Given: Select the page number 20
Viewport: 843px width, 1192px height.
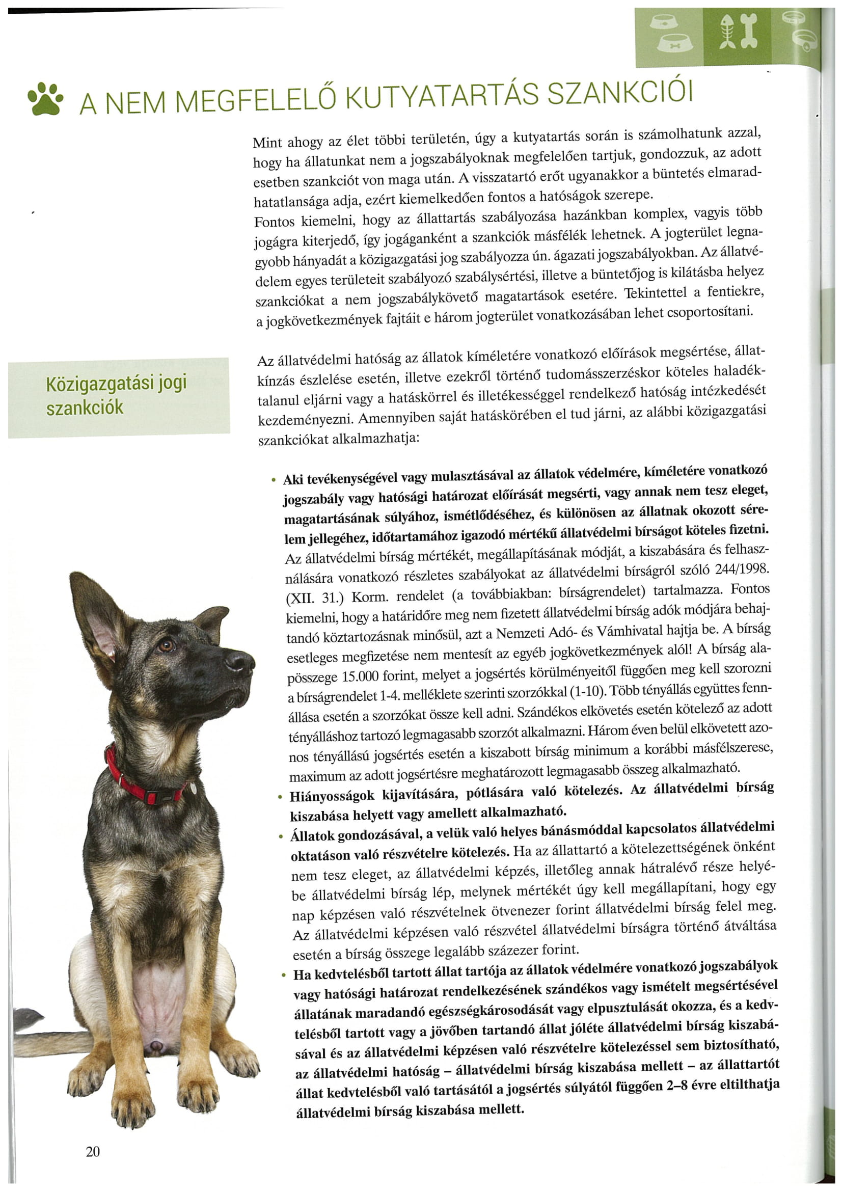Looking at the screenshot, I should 92,1152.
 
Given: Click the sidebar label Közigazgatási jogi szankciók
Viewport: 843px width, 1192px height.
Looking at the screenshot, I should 116,396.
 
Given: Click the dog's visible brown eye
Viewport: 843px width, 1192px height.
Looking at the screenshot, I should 166,646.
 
